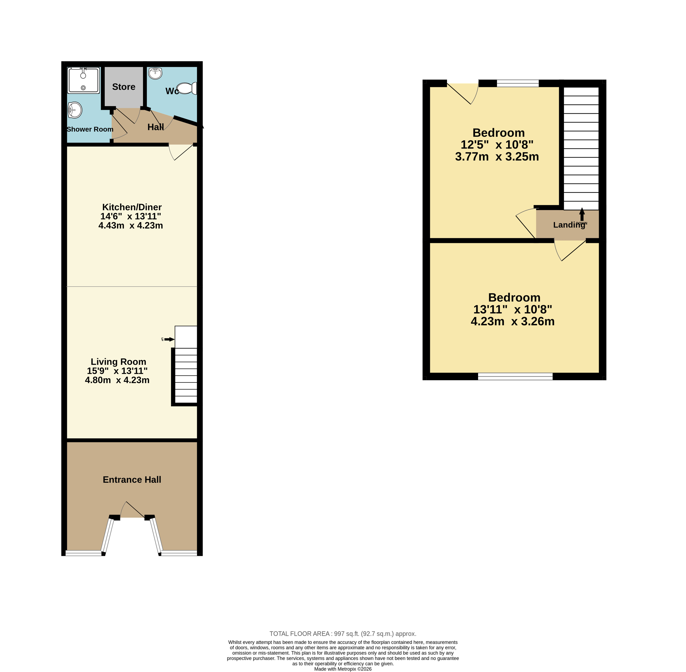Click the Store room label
[x=124, y=87]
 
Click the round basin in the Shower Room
[x=75, y=110]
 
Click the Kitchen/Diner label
[x=132, y=207]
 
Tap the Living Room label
[x=118, y=362]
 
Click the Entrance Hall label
[x=132, y=480]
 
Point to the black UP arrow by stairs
[x=169, y=339]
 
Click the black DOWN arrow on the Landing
[x=582, y=214]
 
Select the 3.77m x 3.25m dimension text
[x=497, y=156]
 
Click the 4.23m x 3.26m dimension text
[x=513, y=321]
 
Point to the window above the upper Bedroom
[x=518, y=83]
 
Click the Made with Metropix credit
[x=343, y=669]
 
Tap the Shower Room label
[x=90, y=129]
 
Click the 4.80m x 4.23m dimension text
[x=117, y=380]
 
